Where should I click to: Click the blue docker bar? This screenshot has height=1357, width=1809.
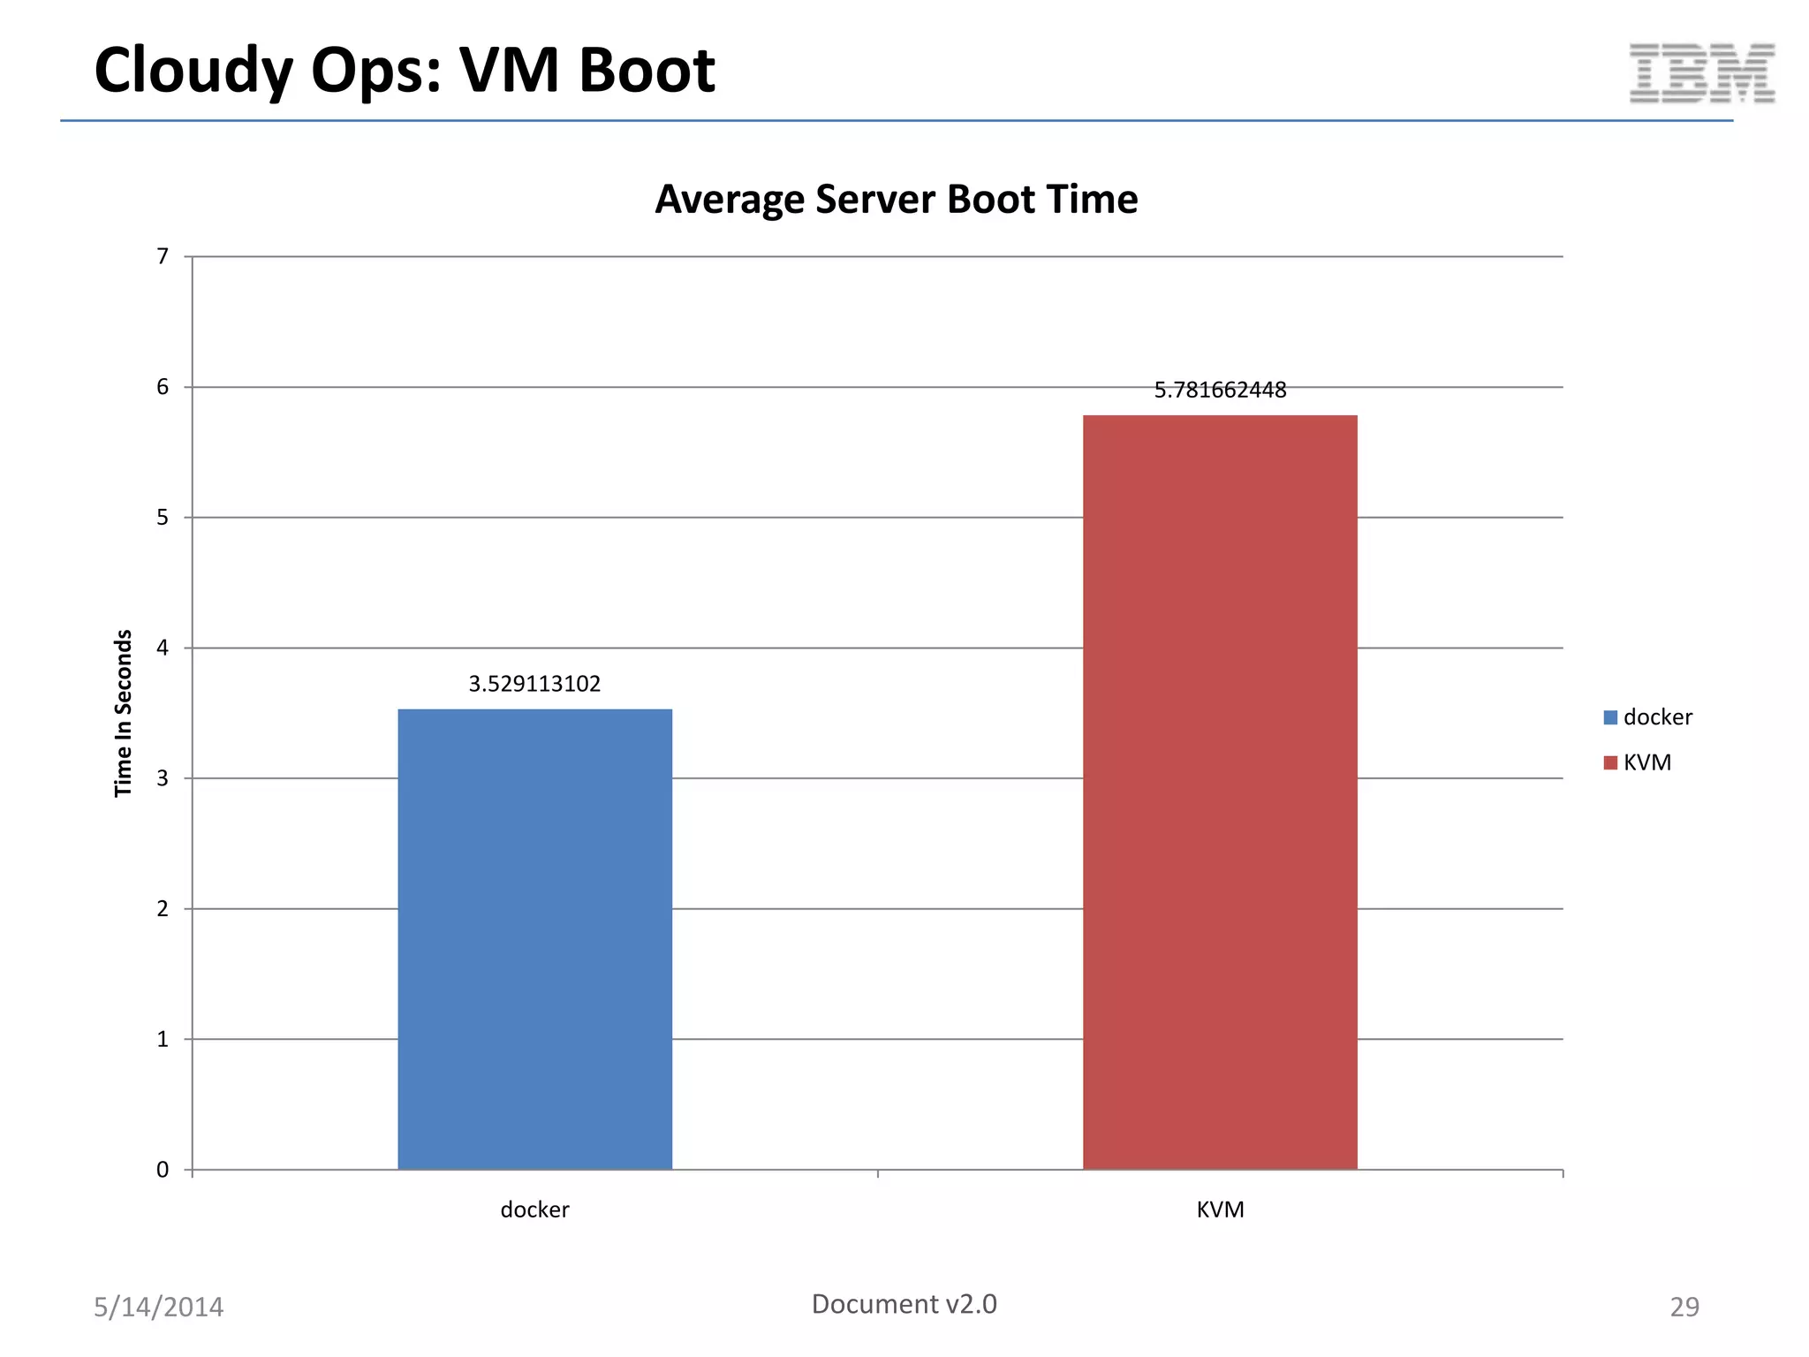[x=534, y=938]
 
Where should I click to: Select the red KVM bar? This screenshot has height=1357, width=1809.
[x=1220, y=792]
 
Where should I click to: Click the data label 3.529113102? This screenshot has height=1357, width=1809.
[x=534, y=684]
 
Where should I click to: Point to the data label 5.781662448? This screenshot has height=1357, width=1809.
[x=1220, y=390]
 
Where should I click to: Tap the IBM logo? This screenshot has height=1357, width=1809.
[x=1701, y=72]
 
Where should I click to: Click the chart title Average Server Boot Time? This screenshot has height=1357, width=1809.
[x=896, y=199]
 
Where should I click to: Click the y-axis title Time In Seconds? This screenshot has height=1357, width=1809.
[x=123, y=713]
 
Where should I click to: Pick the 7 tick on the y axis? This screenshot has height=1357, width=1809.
[x=163, y=256]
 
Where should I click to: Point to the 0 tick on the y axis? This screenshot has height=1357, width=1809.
[x=163, y=1170]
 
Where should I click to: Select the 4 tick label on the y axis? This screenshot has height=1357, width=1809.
[x=163, y=648]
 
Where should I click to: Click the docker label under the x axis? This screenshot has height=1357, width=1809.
[x=534, y=1209]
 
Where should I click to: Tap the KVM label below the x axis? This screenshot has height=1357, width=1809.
[x=1220, y=1209]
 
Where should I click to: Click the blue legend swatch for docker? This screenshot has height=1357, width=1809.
[x=1610, y=717]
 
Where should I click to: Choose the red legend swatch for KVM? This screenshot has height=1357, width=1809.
[x=1610, y=762]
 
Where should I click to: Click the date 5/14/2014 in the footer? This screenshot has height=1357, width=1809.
[x=159, y=1307]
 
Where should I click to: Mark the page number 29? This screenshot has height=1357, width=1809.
[x=1684, y=1307]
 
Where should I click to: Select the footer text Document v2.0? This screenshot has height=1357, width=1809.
[x=904, y=1304]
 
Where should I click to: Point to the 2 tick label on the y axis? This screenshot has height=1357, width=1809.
[x=163, y=908]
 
